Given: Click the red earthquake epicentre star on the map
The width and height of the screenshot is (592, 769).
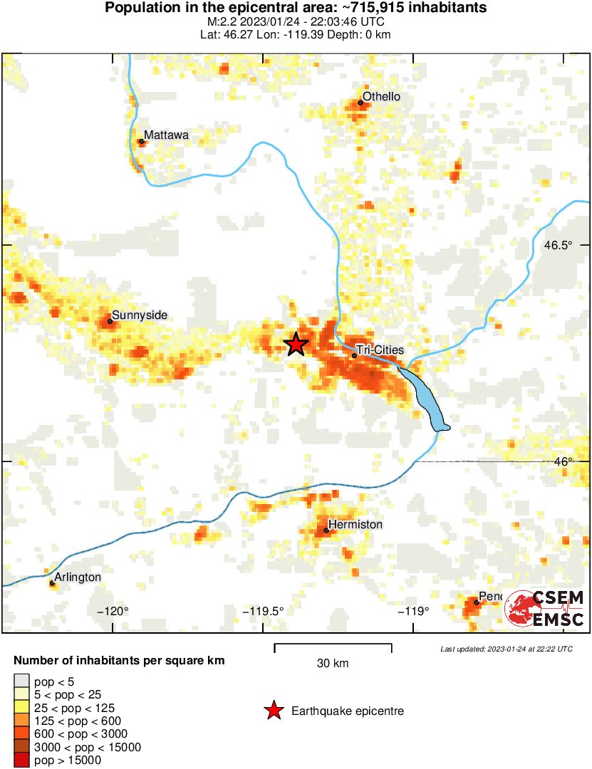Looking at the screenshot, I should [296, 344].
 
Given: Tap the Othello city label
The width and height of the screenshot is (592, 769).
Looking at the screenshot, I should [381, 97].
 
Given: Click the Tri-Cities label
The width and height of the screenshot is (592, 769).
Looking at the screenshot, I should [380, 350].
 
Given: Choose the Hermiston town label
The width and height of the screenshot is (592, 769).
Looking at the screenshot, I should [355, 525].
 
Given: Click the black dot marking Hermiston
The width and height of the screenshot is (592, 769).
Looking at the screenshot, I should [326, 530].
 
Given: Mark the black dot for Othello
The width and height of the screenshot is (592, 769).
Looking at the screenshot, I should [360, 103].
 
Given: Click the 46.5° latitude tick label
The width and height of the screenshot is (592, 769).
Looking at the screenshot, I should [558, 245].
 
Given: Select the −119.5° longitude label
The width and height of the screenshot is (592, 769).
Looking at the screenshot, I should [263, 611].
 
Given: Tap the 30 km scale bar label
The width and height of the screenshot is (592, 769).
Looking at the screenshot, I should [333, 664].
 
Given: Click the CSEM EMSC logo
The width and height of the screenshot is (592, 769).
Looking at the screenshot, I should [545, 608].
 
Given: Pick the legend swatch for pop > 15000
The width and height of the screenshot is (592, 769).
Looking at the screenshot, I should [21, 760].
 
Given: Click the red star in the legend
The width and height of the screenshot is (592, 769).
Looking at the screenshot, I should [273, 711].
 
